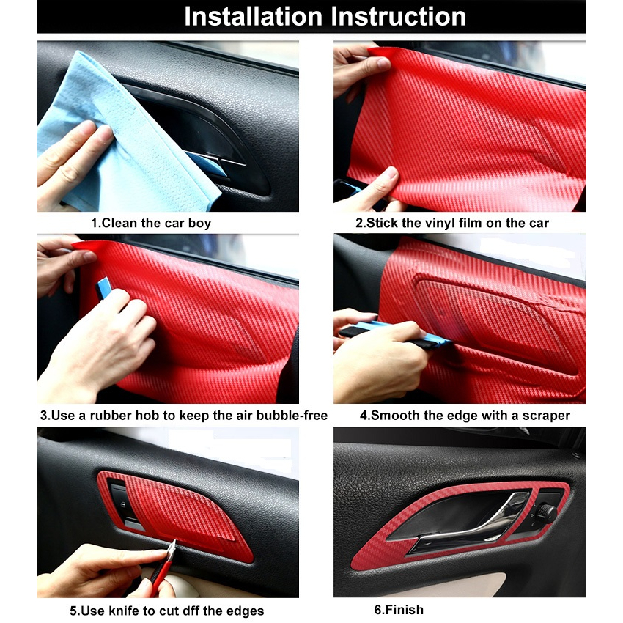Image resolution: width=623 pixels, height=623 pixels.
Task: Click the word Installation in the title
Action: point(253,17)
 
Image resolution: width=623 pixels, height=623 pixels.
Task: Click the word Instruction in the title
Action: point(398,17)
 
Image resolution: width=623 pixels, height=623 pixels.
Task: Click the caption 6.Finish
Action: point(399,610)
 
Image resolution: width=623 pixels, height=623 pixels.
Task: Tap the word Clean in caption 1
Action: point(119,224)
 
